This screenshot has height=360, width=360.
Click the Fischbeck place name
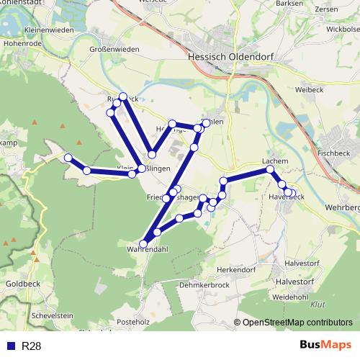point(333,153)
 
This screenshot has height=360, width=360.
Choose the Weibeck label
point(308,90)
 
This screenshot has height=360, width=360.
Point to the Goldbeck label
point(19,285)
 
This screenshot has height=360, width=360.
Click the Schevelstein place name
point(53,315)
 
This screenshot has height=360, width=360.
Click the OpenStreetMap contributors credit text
point(297,323)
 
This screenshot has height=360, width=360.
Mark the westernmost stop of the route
point(68,158)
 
